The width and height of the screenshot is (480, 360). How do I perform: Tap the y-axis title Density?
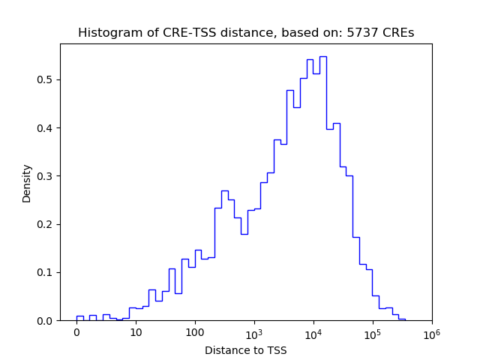pos(27,183)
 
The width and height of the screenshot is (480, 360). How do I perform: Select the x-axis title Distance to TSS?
pos(246,350)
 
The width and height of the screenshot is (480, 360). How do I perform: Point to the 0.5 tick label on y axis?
pos(46,79)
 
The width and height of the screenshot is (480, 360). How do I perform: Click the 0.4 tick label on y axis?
pos(46,128)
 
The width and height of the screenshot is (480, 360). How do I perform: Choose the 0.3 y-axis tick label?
pos(46,176)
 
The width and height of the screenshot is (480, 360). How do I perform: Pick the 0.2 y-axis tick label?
pos(46,224)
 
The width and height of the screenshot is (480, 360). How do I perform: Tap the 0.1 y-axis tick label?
pos(46,272)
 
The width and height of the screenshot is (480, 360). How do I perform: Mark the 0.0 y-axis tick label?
pos(46,321)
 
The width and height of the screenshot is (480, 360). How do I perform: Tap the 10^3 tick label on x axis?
pos(254,332)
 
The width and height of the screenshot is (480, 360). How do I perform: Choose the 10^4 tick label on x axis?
pos(313,332)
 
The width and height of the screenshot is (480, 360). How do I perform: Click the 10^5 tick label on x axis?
pos(373,332)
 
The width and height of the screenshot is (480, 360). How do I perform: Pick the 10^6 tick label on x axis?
pos(431,332)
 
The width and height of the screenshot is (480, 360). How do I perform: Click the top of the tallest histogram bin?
pos(322,56)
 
